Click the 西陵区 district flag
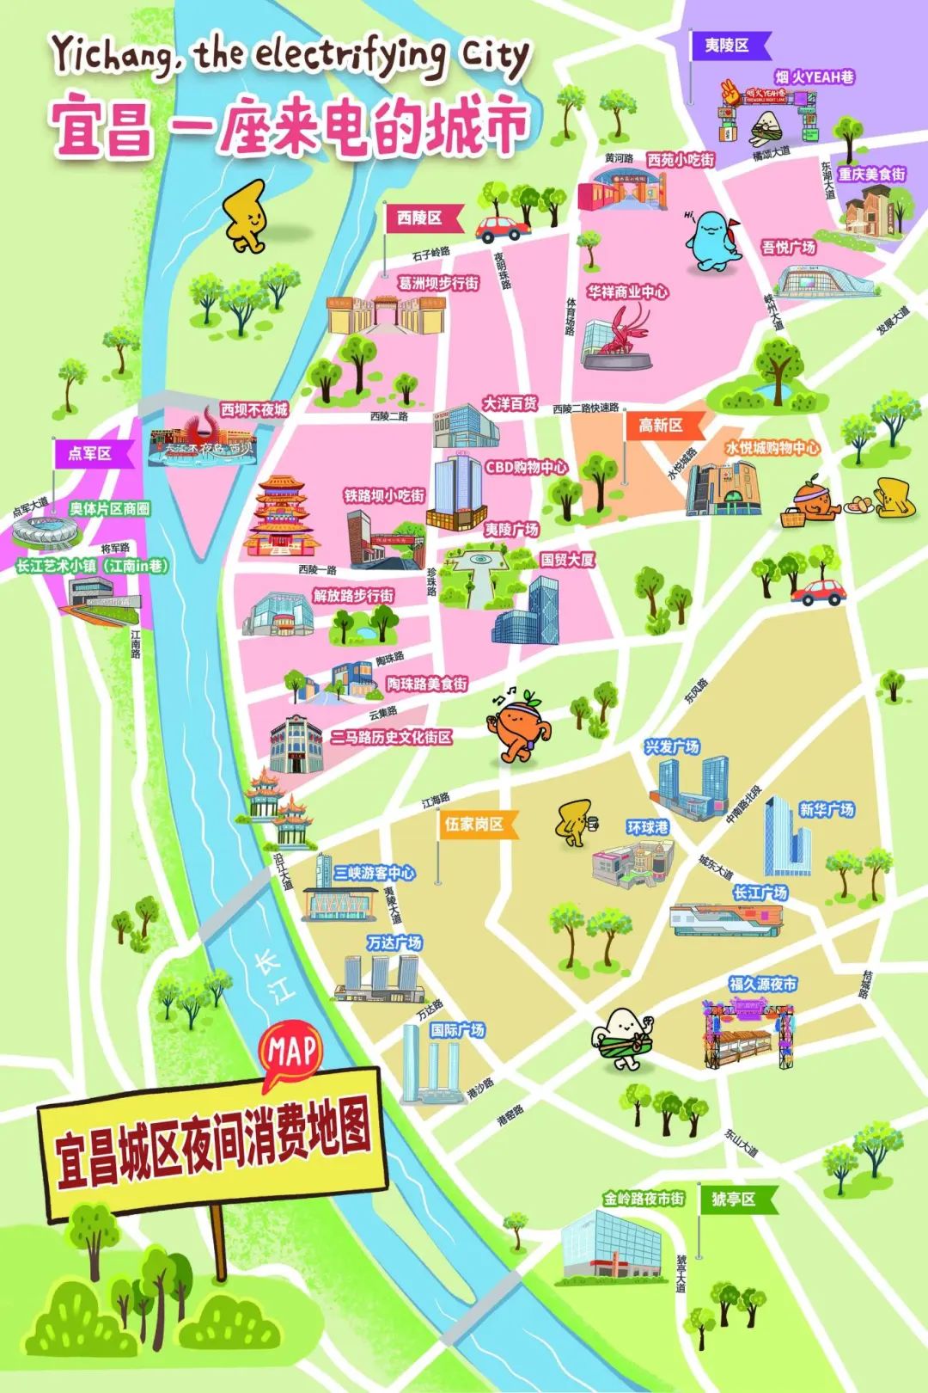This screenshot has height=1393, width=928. pyautogui.click(x=420, y=218)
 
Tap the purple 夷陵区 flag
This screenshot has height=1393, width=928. pyautogui.click(x=728, y=46)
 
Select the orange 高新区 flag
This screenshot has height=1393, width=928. pyautogui.click(x=662, y=425)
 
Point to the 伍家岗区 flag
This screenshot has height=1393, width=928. pyautogui.click(x=474, y=824)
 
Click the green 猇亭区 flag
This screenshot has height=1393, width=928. pyautogui.click(x=735, y=1199)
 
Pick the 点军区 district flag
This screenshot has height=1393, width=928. pyautogui.click(x=91, y=453)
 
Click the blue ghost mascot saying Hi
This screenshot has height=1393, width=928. pyautogui.click(x=712, y=242)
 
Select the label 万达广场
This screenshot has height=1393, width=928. pyautogui.click(x=394, y=943)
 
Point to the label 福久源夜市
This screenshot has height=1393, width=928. pyautogui.click(x=762, y=984)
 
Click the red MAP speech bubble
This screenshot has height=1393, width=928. pyautogui.click(x=291, y=1051)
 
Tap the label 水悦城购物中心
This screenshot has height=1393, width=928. pyautogui.click(x=772, y=448)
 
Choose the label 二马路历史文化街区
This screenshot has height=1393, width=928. pyautogui.click(x=391, y=737)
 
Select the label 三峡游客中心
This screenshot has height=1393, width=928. pyautogui.click(x=375, y=873)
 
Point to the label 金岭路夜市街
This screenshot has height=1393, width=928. pyautogui.click(x=644, y=1199)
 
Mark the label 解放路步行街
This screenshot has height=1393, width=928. pyautogui.click(x=353, y=595)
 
